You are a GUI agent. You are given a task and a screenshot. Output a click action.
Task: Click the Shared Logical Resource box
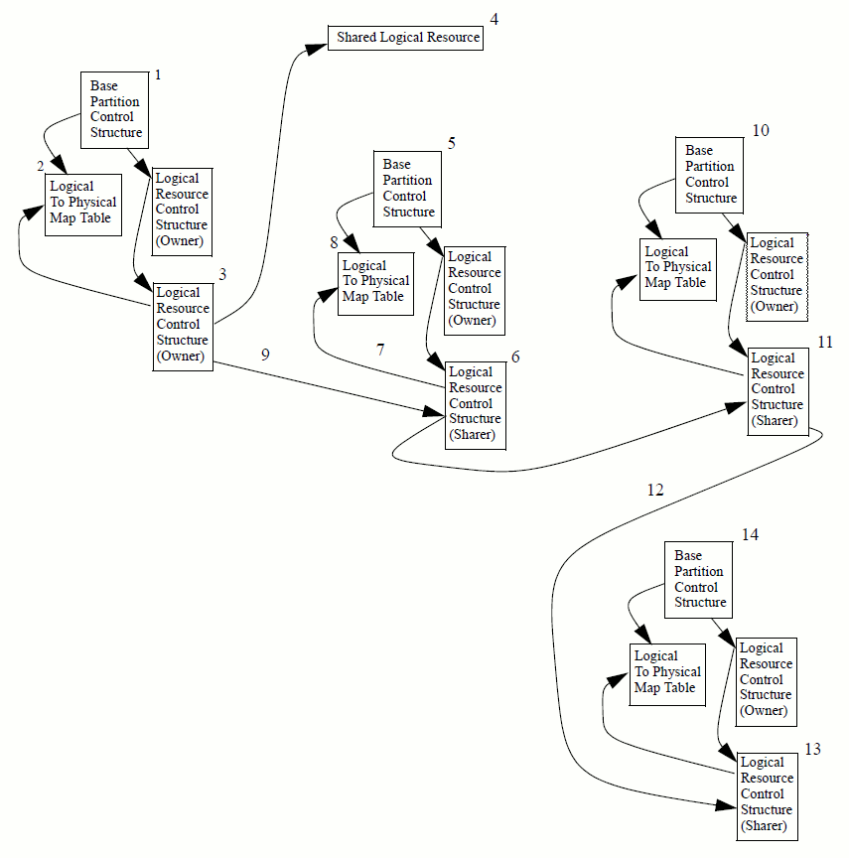pos(405,38)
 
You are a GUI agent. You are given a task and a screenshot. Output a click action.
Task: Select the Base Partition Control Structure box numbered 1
pos(115,109)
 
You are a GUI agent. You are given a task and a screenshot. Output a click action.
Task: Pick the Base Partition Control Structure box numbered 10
pos(711,174)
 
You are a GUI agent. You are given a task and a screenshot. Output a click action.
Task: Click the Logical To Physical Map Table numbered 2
pos(82,203)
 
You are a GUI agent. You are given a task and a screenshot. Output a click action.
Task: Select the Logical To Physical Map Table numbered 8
pos(375,282)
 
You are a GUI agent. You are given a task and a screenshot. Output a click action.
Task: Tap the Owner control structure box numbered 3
pos(183,325)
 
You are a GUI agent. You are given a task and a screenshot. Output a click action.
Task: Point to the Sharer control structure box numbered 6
pos(475,403)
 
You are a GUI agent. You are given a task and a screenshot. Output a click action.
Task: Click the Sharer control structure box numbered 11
pos(778,389)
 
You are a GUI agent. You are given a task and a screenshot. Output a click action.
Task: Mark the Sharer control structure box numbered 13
pos(768,794)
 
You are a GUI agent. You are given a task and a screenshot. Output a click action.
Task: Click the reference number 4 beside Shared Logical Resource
pos(494,19)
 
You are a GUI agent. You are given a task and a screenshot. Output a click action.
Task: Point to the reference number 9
pos(265,354)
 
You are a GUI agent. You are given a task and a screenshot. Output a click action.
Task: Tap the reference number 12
pos(654,489)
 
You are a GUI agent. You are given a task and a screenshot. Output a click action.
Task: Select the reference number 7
pos(379,350)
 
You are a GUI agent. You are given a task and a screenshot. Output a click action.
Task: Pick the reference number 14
pos(750,534)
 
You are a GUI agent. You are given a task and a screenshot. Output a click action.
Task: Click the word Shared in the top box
pos(355,38)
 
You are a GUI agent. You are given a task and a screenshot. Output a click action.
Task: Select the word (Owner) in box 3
pos(181,357)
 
